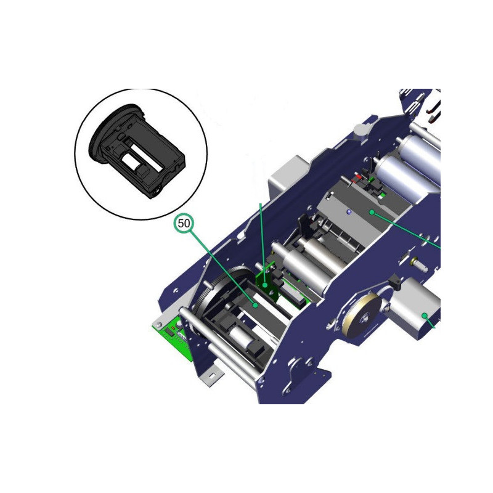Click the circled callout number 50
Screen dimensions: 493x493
(x=184, y=223)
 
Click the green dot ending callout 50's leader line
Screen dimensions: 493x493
(x=256, y=305)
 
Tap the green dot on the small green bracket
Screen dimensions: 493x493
(x=265, y=285)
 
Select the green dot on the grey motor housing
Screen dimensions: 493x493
(x=425, y=316)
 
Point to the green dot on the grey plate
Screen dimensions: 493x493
(x=372, y=213)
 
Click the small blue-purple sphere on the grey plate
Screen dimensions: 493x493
(x=348, y=212)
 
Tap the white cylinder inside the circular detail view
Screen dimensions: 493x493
(x=131, y=161)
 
